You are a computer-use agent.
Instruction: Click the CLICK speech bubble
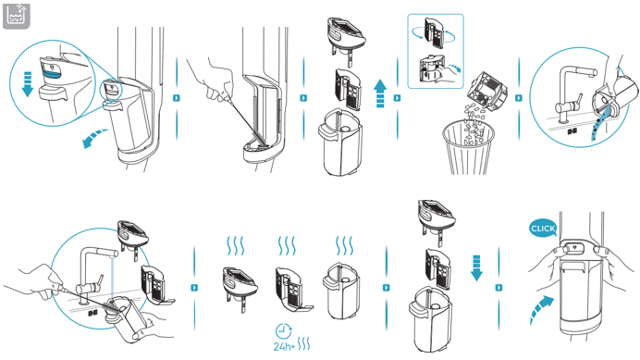(543, 229)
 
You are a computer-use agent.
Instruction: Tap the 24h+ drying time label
(284, 346)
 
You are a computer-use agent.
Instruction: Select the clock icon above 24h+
(284, 330)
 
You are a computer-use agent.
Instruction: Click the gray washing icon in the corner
(17, 17)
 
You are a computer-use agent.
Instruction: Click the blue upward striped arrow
(380, 93)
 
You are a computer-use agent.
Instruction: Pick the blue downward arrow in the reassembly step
(476, 268)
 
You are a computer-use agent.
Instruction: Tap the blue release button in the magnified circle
(52, 73)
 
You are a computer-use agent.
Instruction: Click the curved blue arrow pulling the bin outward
(94, 138)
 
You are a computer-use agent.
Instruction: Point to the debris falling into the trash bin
(473, 122)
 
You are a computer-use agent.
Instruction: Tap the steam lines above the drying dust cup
(344, 245)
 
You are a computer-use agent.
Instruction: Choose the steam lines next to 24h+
(304, 344)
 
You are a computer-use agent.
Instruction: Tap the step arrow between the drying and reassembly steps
(386, 288)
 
